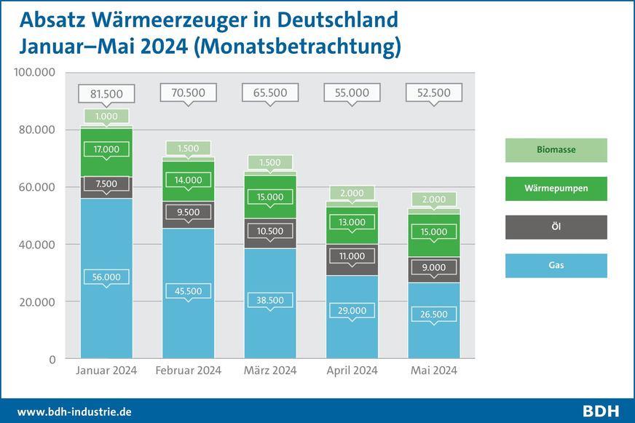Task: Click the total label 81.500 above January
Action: (x=106, y=93)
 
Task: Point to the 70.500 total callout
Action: (x=189, y=93)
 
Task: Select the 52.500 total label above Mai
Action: (x=434, y=93)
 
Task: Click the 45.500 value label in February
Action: (x=189, y=290)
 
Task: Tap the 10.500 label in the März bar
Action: (x=270, y=231)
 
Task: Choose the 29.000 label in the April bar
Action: (x=352, y=310)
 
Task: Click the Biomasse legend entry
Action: (x=556, y=150)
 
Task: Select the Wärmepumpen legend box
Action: (x=556, y=189)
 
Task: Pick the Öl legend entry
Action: (x=556, y=227)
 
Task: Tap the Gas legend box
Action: (x=556, y=266)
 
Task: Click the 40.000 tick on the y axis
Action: (x=36, y=245)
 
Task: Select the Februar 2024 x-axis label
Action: (x=189, y=371)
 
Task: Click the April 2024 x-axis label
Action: (x=352, y=371)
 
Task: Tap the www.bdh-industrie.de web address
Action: (x=74, y=411)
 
